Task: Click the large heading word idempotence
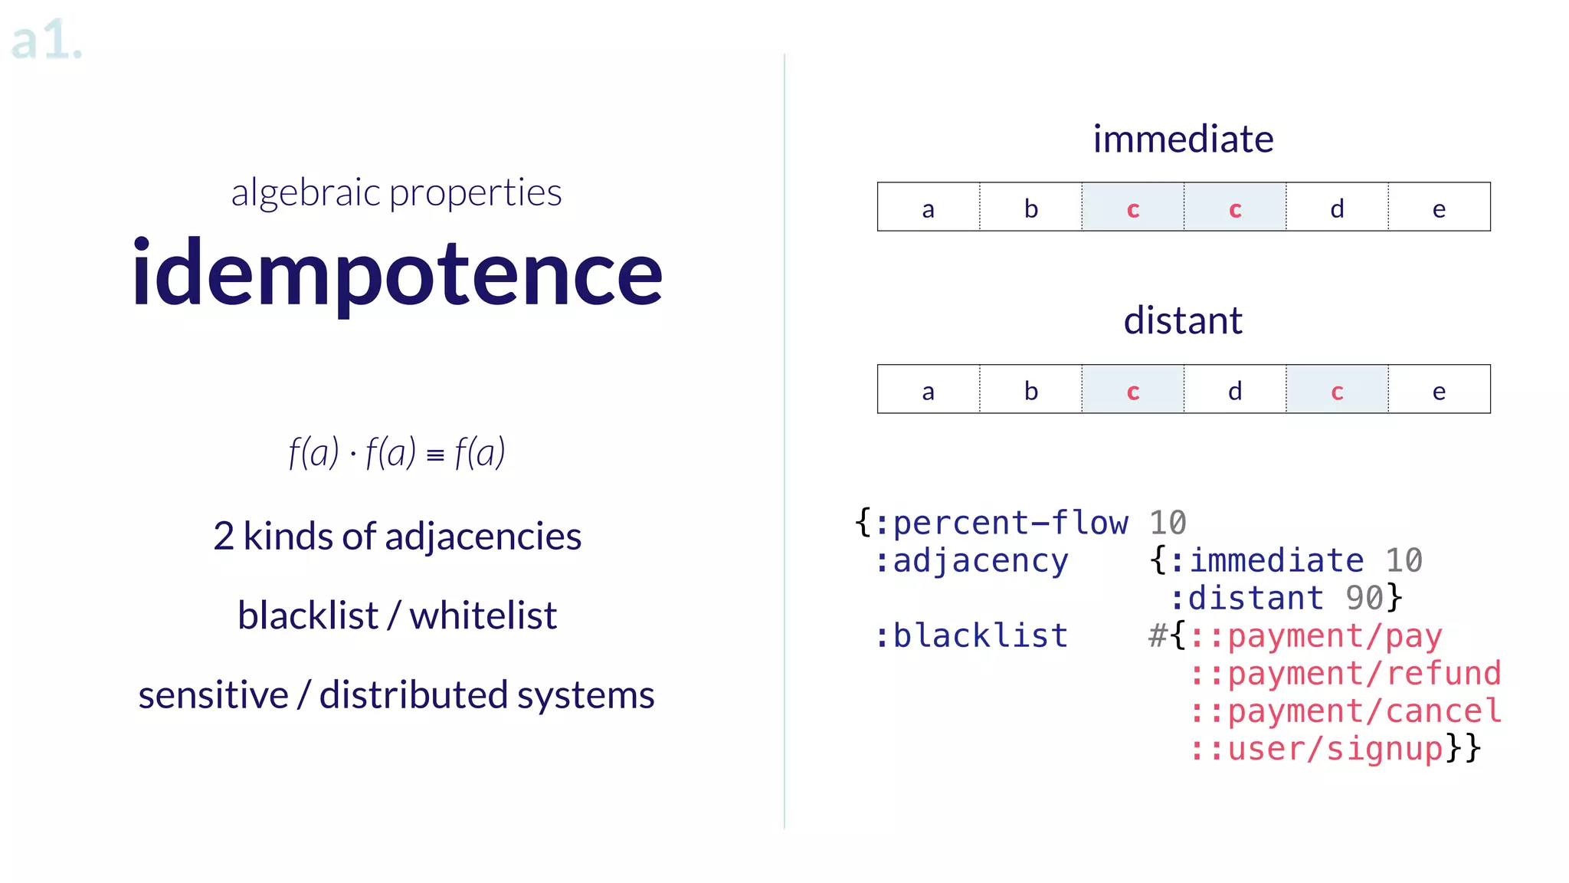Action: pyautogui.click(x=397, y=274)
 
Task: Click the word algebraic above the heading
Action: pyautogui.click(x=306, y=192)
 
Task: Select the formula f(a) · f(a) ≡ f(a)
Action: pyautogui.click(x=397, y=452)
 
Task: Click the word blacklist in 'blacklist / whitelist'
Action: pyautogui.click(x=308, y=615)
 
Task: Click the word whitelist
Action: pyautogui.click(x=483, y=615)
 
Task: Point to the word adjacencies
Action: pyautogui.click(x=483, y=537)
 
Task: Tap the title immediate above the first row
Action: pyautogui.click(x=1183, y=140)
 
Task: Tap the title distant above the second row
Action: pyautogui.click(x=1183, y=320)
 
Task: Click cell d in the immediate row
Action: pyautogui.click(x=1337, y=208)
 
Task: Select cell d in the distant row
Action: pyautogui.click(x=1235, y=390)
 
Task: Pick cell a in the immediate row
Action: pyautogui.click(x=929, y=208)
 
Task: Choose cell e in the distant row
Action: pyautogui.click(x=1439, y=390)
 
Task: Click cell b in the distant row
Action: pyautogui.click(x=1031, y=390)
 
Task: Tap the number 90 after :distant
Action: pyautogui.click(x=1364, y=598)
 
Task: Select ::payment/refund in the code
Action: pyautogui.click(x=1345, y=673)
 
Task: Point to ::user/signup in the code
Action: pyautogui.click(x=1316, y=748)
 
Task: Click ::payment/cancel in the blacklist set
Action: pyautogui.click(x=1345, y=711)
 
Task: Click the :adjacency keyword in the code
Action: pyautogui.click(x=971, y=561)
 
